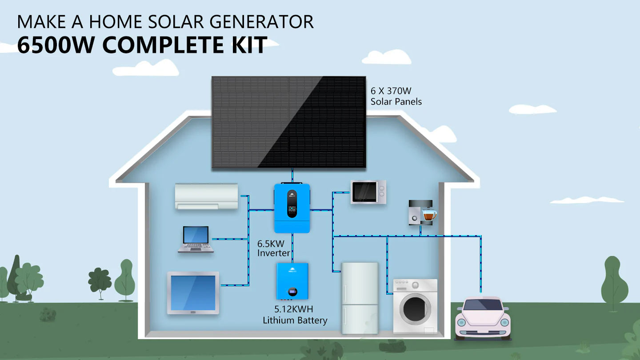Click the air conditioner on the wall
click(x=206, y=196)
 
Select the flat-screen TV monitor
click(x=193, y=293)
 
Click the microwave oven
click(x=368, y=192)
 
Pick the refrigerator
click(x=360, y=297)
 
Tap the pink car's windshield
click(x=483, y=305)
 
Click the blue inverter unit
click(x=292, y=208)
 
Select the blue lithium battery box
click(x=292, y=280)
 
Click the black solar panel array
click(x=288, y=122)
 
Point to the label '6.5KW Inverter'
click(x=273, y=248)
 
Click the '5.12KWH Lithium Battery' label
click(x=295, y=315)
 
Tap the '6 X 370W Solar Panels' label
click(x=396, y=96)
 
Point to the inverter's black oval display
click(x=292, y=204)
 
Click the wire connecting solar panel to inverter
click(x=292, y=175)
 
